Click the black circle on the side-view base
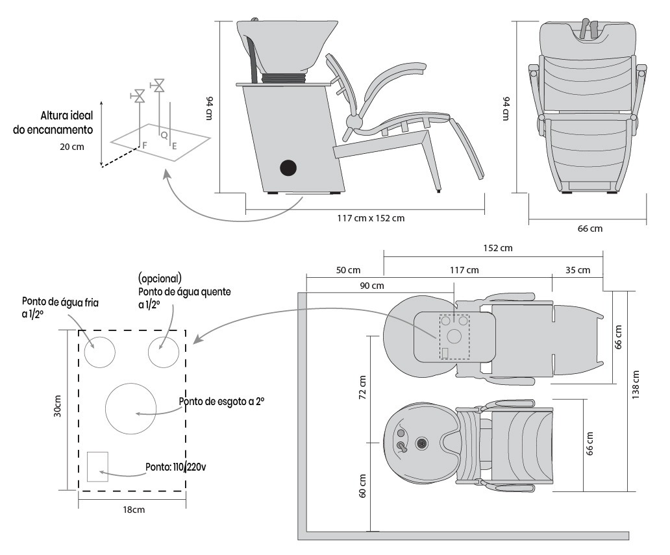[288, 168]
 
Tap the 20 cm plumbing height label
[72, 146]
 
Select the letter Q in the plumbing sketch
[164, 135]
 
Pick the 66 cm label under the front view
[589, 228]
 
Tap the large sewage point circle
[132, 409]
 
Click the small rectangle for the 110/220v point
[97, 466]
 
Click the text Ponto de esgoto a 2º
[222, 402]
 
